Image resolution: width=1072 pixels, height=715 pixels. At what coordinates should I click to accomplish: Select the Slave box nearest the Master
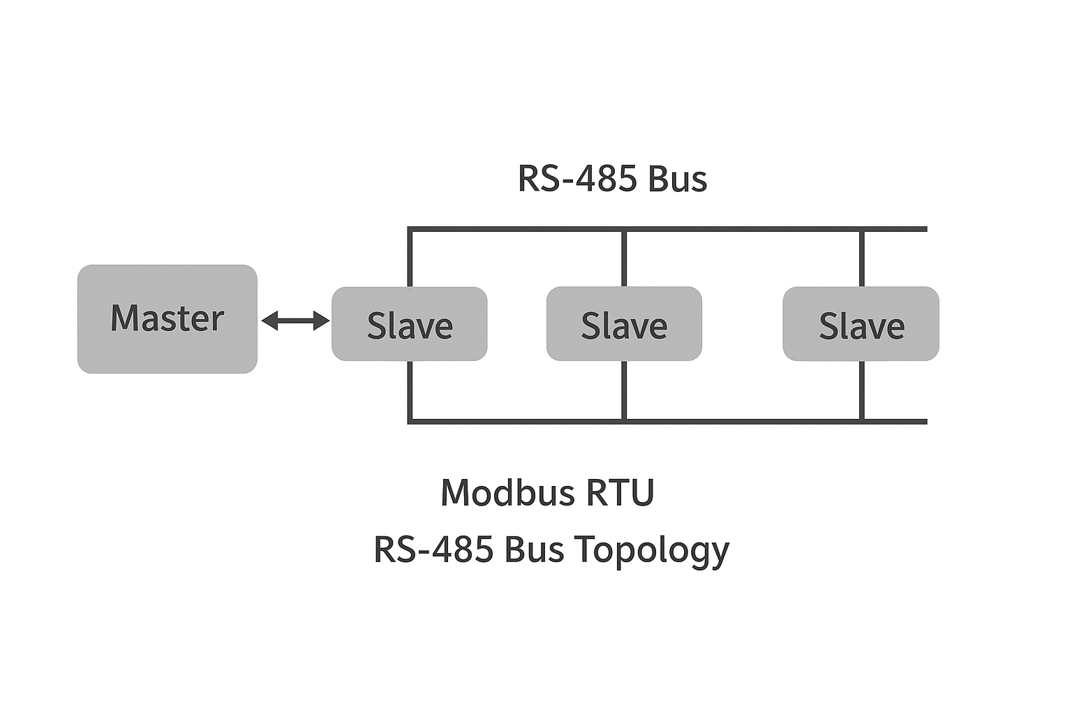point(409,324)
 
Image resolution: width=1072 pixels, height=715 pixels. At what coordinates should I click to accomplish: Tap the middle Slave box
point(624,324)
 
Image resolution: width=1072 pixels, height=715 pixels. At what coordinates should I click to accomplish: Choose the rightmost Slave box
point(861,324)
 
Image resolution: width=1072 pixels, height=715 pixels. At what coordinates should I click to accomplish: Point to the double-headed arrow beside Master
point(295,320)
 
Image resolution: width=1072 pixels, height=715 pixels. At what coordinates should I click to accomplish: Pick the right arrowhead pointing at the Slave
point(322,320)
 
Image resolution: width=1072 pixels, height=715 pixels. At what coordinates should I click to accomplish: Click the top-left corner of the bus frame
point(410,229)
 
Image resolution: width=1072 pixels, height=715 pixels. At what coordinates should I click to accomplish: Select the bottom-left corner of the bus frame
point(410,421)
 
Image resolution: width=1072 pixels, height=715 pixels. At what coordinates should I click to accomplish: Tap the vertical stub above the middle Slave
point(624,258)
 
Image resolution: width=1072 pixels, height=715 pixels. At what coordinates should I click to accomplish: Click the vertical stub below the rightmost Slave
point(862,390)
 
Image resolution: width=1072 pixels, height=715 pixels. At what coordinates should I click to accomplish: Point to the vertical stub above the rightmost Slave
point(862,258)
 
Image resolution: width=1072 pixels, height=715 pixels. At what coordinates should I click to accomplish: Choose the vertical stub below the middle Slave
point(624,390)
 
